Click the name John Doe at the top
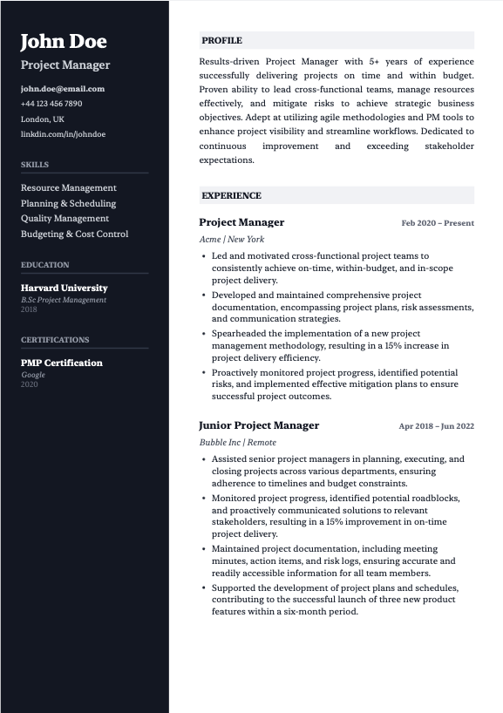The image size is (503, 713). [x=64, y=41]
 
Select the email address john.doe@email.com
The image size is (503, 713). [x=63, y=88]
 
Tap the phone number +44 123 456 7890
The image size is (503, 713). [x=51, y=104]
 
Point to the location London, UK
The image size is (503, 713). [x=43, y=119]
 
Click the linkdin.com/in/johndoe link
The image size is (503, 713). [x=63, y=134]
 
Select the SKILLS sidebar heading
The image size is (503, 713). [x=35, y=165]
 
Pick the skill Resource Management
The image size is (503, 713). [x=69, y=187]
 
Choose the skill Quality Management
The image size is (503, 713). [x=65, y=219]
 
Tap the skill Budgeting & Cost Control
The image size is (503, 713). [x=75, y=234]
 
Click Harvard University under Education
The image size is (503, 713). [x=65, y=288]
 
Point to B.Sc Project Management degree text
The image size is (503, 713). [x=64, y=300]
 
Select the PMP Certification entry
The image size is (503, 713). [x=62, y=363]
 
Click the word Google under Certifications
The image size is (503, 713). [x=33, y=375]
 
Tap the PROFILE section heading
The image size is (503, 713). [x=221, y=41]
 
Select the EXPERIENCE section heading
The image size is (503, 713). [x=231, y=196]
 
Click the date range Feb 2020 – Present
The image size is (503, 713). [x=438, y=223]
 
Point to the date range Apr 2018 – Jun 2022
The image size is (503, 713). [x=436, y=426]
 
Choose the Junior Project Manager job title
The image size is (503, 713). [x=259, y=425]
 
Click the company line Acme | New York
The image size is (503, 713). [x=232, y=239]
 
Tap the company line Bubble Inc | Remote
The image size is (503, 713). [x=238, y=442]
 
